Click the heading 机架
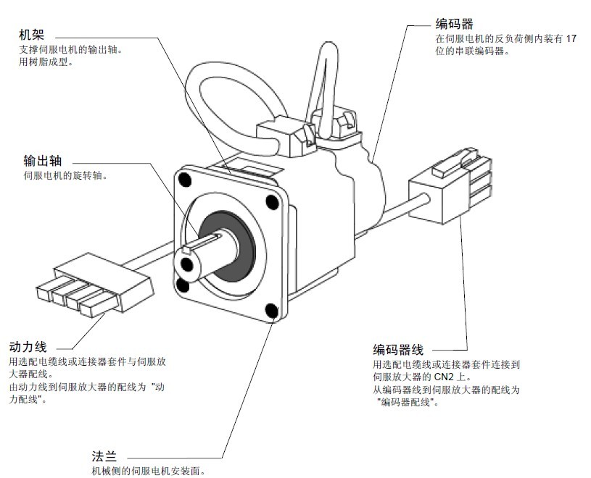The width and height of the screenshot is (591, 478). pos(34,35)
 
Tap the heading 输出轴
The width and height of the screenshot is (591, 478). pos(42,161)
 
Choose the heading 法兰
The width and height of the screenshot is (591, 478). pos(102,456)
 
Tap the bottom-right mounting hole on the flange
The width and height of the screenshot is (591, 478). pos(271,311)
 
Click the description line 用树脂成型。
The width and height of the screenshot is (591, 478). pos(47,62)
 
